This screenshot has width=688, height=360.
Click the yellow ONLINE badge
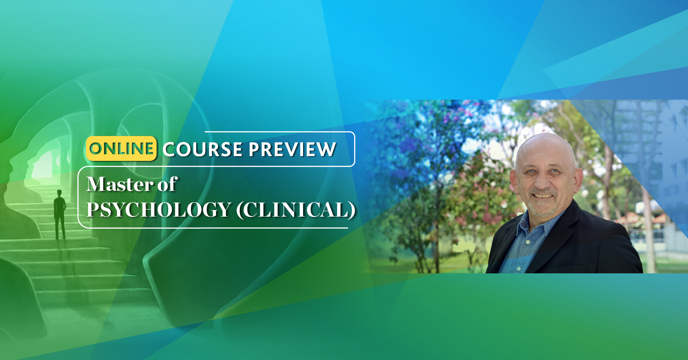121,149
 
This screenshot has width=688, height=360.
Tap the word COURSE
203,149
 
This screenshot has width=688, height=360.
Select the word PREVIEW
292,149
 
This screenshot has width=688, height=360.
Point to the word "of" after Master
167,184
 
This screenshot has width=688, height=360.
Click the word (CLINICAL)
296,210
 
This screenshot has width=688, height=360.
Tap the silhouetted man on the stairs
60,214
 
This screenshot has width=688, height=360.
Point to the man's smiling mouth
543,196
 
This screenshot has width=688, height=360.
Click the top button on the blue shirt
528,242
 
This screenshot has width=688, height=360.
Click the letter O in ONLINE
96,149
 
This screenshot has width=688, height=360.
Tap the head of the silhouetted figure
59,193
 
